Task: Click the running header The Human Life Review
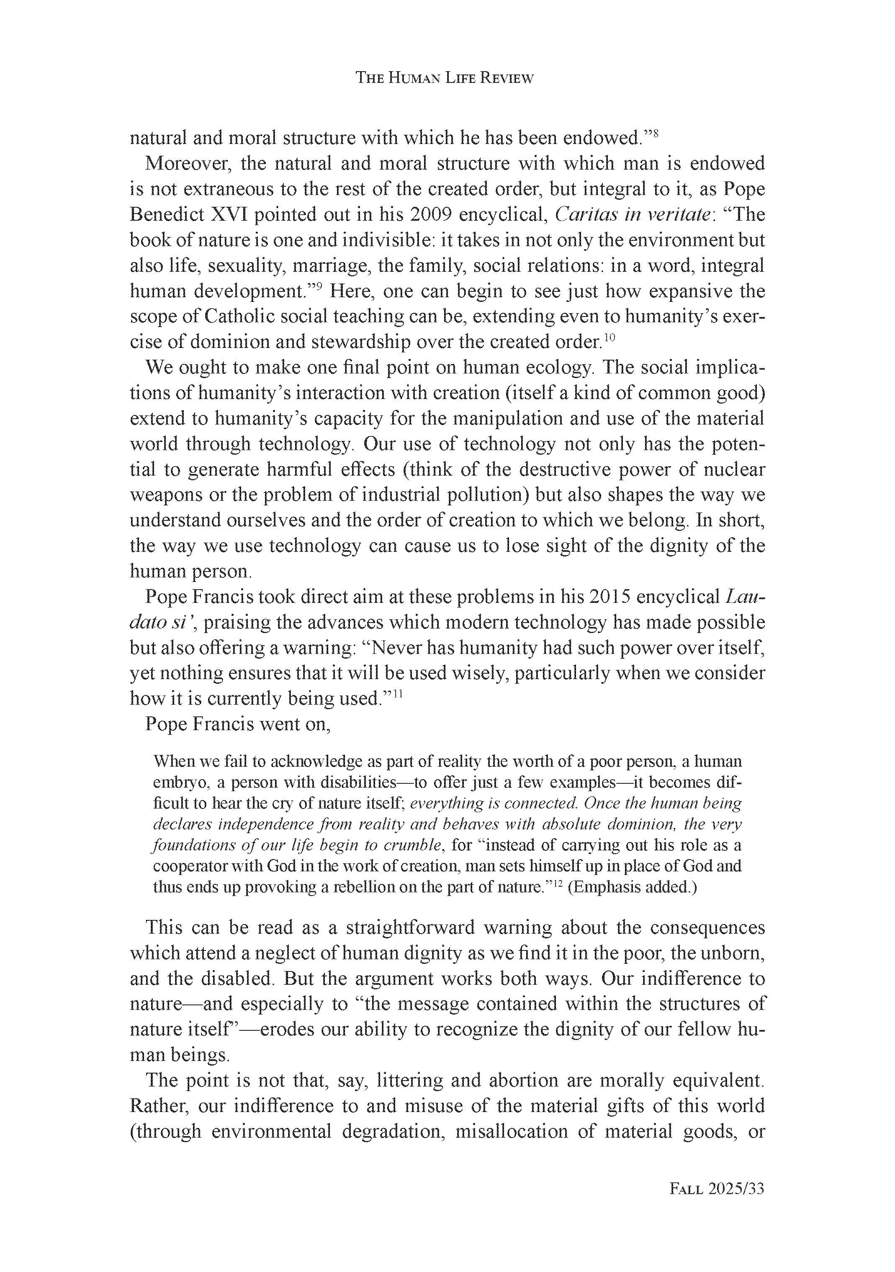point(444,78)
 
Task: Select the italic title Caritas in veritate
point(633,215)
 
